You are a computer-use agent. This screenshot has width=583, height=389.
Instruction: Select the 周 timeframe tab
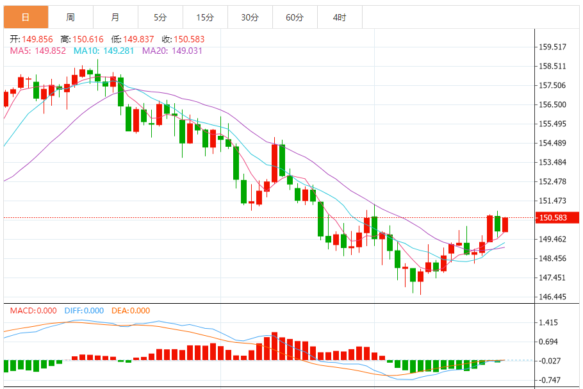pyautogui.click(x=70, y=17)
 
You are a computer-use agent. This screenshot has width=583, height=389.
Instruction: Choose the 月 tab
pyautogui.click(x=115, y=17)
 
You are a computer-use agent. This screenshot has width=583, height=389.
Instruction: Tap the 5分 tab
pyautogui.click(x=160, y=17)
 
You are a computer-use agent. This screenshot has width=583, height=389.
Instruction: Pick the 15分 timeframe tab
pyautogui.click(x=205, y=17)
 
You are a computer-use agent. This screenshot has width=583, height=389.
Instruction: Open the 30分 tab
pyautogui.click(x=250, y=17)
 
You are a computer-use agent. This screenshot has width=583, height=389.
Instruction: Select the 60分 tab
pyautogui.click(x=295, y=17)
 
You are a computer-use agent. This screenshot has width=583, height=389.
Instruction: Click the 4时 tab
pyautogui.click(x=340, y=17)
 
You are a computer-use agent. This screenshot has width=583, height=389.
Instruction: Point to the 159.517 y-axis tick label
pyautogui.click(x=553, y=47)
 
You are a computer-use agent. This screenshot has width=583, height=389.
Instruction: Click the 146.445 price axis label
pyautogui.click(x=553, y=297)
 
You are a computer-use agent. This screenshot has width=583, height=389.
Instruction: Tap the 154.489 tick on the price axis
pyautogui.click(x=553, y=144)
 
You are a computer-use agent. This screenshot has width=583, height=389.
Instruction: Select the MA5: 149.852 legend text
pyautogui.click(x=38, y=51)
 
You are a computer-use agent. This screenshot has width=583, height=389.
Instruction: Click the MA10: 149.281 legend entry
pyautogui.click(x=104, y=51)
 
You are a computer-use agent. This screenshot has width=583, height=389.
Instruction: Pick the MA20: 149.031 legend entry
pyautogui.click(x=172, y=51)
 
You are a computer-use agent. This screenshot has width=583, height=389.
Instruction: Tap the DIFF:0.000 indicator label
pyautogui.click(x=84, y=311)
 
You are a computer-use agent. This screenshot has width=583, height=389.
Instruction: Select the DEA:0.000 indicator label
pyautogui.click(x=131, y=311)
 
